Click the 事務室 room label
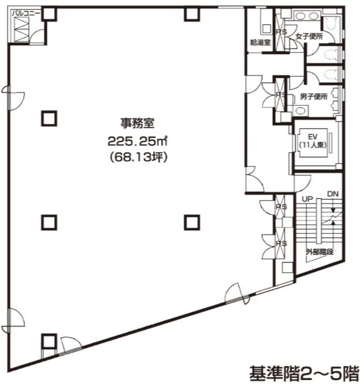pyautogui.click(x=137, y=123)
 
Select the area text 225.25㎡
pyautogui.click(x=137, y=141)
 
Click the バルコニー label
pyautogui.click(x=26, y=13)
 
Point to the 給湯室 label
pyautogui.click(x=260, y=42)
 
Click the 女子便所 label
pyautogui.click(x=309, y=36)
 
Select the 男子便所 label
pyautogui.click(x=313, y=96)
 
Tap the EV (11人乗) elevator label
pyautogui.click(x=313, y=141)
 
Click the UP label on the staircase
pyautogui.click(x=307, y=199)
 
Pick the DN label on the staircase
pyautogui.click(x=333, y=194)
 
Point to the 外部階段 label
pyautogui.click(x=320, y=252)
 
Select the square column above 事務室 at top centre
pyautogui.click(x=192, y=14)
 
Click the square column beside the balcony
pyautogui.click(x=49, y=14)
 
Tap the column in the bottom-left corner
pyautogui.click(x=49, y=341)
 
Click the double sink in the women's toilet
pyautogui.click(x=307, y=16)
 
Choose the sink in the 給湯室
pyautogui.click(x=267, y=28)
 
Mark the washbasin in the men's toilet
pyautogui.click(x=300, y=110)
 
